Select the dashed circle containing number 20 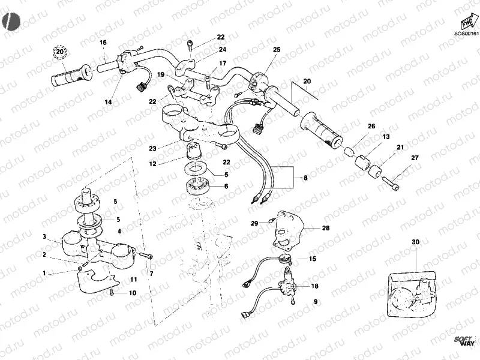pyautogui.click(x=59, y=53)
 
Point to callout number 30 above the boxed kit pyautogui.click(x=415, y=242)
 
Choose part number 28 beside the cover pyautogui.click(x=326, y=228)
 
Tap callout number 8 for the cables pyautogui.click(x=305, y=178)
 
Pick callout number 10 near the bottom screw pyautogui.click(x=133, y=293)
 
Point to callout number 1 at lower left pyautogui.click(x=44, y=272)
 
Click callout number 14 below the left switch pyautogui.click(x=108, y=103)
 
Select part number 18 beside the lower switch pyautogui.click(x=315, y=287)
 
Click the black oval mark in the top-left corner pyautogui.click(x=11, y=21)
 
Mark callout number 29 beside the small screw pyautogui.click(x=254, y=223)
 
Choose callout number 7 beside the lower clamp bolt pyautogui.click(x=151, y=274)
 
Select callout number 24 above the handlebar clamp pyautogui.click(x=222, y=49)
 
